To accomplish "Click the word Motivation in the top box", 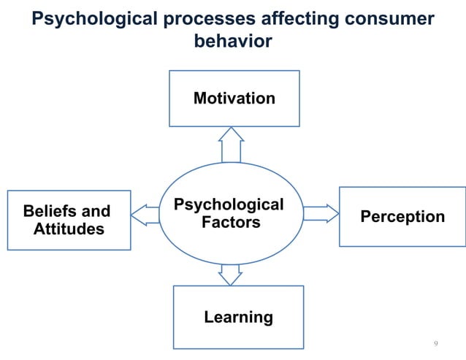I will [x=234, y=98].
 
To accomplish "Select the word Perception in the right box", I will [x=402, y=217].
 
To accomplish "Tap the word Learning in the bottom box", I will [x=238, y=317].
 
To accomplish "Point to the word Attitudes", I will [x=69, y=229].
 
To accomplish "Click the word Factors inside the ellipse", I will [x=231, y=221].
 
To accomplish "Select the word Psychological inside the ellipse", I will [x=228, y=204].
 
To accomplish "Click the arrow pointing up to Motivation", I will [x=231, y=145].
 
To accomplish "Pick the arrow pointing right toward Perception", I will [x=321, y=213].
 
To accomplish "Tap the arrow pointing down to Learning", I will [x=230, y=274].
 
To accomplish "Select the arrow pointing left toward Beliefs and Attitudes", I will [x=145, y=215].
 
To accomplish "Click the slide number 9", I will [x=436, y=343].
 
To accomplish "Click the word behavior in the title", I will [x=233, y=42].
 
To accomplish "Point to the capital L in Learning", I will [x=208, y=317].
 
